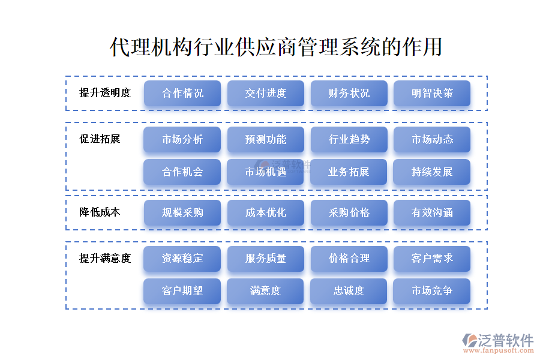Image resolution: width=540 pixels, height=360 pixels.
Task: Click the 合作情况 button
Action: point(182,94)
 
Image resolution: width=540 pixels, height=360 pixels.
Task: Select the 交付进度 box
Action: point(266,94)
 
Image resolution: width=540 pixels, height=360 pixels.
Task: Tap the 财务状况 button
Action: point(349,94)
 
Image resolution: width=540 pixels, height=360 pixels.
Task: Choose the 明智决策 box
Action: point(432,94)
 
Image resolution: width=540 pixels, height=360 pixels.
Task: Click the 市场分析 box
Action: point(182,140)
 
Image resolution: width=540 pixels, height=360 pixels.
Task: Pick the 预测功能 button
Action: point(266,140)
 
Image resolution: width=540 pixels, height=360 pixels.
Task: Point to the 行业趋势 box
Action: point(349,140)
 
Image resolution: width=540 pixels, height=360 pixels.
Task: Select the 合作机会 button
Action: point(182,172)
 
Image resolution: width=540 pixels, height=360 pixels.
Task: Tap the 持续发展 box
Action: point(432,172)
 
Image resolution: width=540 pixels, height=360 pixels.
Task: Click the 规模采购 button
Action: point(182,213)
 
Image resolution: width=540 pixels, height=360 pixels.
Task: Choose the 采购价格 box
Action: point(349,213)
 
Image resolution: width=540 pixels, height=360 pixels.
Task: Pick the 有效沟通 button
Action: point(432,213)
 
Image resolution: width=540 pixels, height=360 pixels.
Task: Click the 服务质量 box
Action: point(266,259)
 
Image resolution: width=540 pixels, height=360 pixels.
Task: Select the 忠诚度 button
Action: point(349,291)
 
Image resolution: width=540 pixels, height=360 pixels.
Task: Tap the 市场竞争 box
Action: point(432,291)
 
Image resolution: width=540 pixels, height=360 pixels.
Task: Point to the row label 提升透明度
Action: point(105,93)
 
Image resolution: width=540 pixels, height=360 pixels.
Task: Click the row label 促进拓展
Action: point(100,139)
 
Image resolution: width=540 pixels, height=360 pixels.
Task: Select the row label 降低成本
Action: point(100,212)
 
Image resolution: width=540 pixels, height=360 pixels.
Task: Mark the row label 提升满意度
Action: point(105,259)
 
